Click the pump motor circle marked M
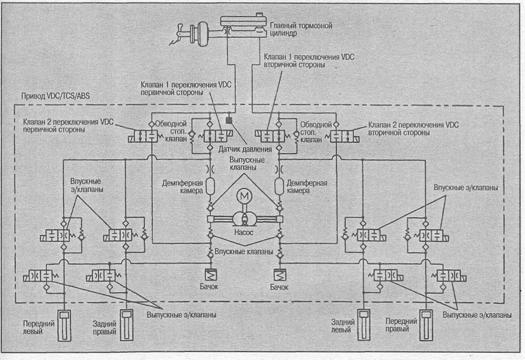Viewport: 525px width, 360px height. click(244, 197)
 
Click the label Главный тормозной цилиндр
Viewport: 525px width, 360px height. click(301, 29)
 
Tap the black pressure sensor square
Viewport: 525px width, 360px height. click(230, 120)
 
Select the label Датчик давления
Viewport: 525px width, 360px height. click(245, 149)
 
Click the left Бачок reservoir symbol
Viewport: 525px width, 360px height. click(211, 275)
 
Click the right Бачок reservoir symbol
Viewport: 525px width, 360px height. click(279, 275)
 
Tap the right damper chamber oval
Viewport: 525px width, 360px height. click(279, 186)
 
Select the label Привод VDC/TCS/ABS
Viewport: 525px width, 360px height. click(56, 96)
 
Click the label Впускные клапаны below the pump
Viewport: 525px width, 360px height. click(244, 251)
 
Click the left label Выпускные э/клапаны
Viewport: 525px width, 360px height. click(181, 314)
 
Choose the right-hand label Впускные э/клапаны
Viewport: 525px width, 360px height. click(466, 187)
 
